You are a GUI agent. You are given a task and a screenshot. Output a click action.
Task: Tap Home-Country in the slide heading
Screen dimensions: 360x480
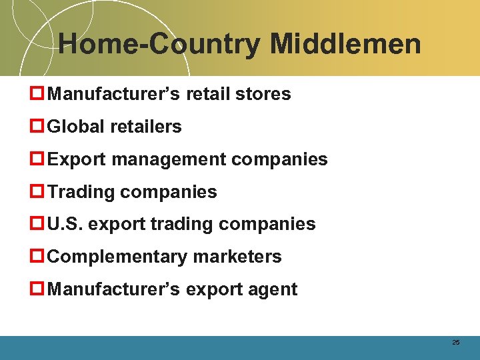[x=160, y=45]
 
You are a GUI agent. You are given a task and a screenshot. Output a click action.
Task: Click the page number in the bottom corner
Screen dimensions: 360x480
[x=456, y=342]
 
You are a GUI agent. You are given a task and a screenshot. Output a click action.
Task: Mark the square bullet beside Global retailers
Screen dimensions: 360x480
[x=39, y=127]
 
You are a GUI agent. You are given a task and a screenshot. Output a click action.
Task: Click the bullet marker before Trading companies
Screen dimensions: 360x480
[x=39, y=192]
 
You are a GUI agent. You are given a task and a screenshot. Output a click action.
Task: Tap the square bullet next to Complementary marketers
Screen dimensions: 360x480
[x=39, y=257]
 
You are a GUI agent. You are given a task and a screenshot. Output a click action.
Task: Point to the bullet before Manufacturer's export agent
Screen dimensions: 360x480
[x=39, y=289]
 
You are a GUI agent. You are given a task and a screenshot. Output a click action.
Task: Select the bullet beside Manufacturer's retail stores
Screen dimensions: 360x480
[x=39, y=94]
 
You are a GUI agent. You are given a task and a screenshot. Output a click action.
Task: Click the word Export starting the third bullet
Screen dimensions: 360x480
[x=77, y=159]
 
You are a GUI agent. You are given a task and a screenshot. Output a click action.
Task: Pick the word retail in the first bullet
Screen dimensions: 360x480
[x=206, y=94]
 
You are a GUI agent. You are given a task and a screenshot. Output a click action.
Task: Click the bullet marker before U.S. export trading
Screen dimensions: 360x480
[x=39, y=224]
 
